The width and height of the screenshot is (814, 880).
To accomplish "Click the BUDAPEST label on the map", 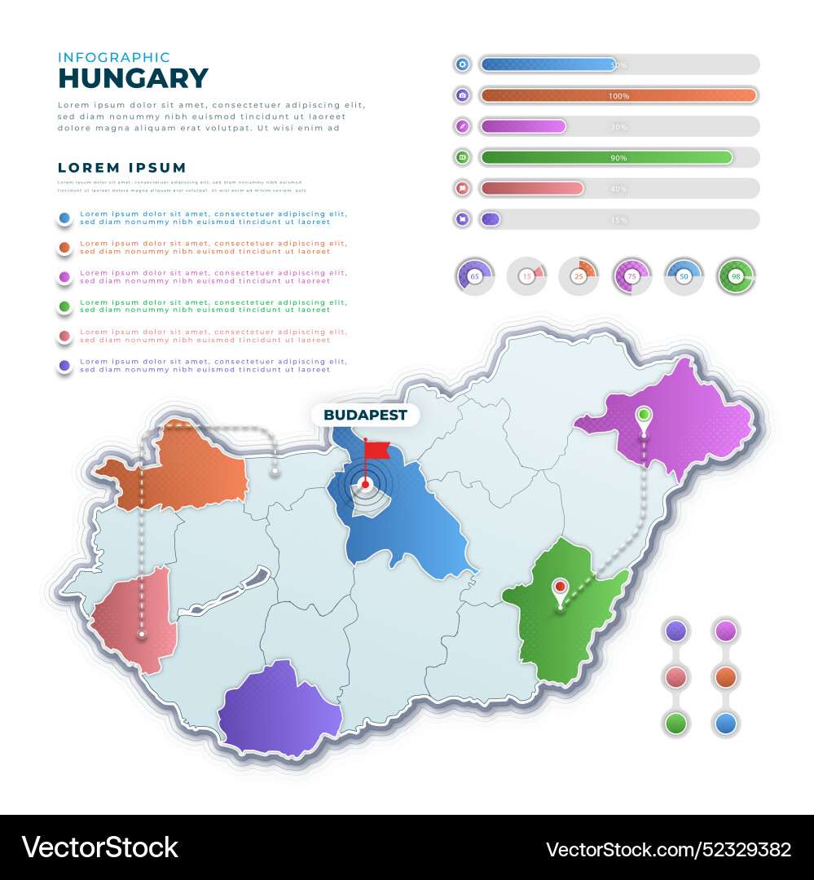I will click(365, 415).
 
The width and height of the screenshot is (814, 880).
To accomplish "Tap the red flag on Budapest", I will click(376, 450).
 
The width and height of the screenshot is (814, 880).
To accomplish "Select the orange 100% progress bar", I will click(618, 95).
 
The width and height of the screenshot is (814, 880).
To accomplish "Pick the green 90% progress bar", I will click(606, 157).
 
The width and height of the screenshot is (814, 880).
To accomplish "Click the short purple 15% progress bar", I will click(490, 219).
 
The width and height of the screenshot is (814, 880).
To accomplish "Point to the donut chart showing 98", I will click(736, 276).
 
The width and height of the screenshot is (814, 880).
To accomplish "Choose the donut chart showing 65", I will click(474, 276).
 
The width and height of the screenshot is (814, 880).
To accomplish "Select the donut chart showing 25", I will click(579, 276).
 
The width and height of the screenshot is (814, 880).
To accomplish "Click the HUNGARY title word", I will click(134, 78).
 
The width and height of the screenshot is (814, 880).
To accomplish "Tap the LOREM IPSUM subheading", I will click(122, 168).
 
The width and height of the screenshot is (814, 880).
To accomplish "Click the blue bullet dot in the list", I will click(64, 218).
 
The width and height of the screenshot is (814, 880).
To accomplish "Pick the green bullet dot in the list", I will click(64, 306).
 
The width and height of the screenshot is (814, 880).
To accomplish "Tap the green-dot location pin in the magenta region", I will click(644, 416).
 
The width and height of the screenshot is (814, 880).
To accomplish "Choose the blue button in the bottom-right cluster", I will click(725, 723).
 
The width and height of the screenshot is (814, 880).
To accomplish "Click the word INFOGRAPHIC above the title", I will click(114, 58).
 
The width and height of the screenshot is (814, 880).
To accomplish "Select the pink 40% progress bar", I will click(532, 188).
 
